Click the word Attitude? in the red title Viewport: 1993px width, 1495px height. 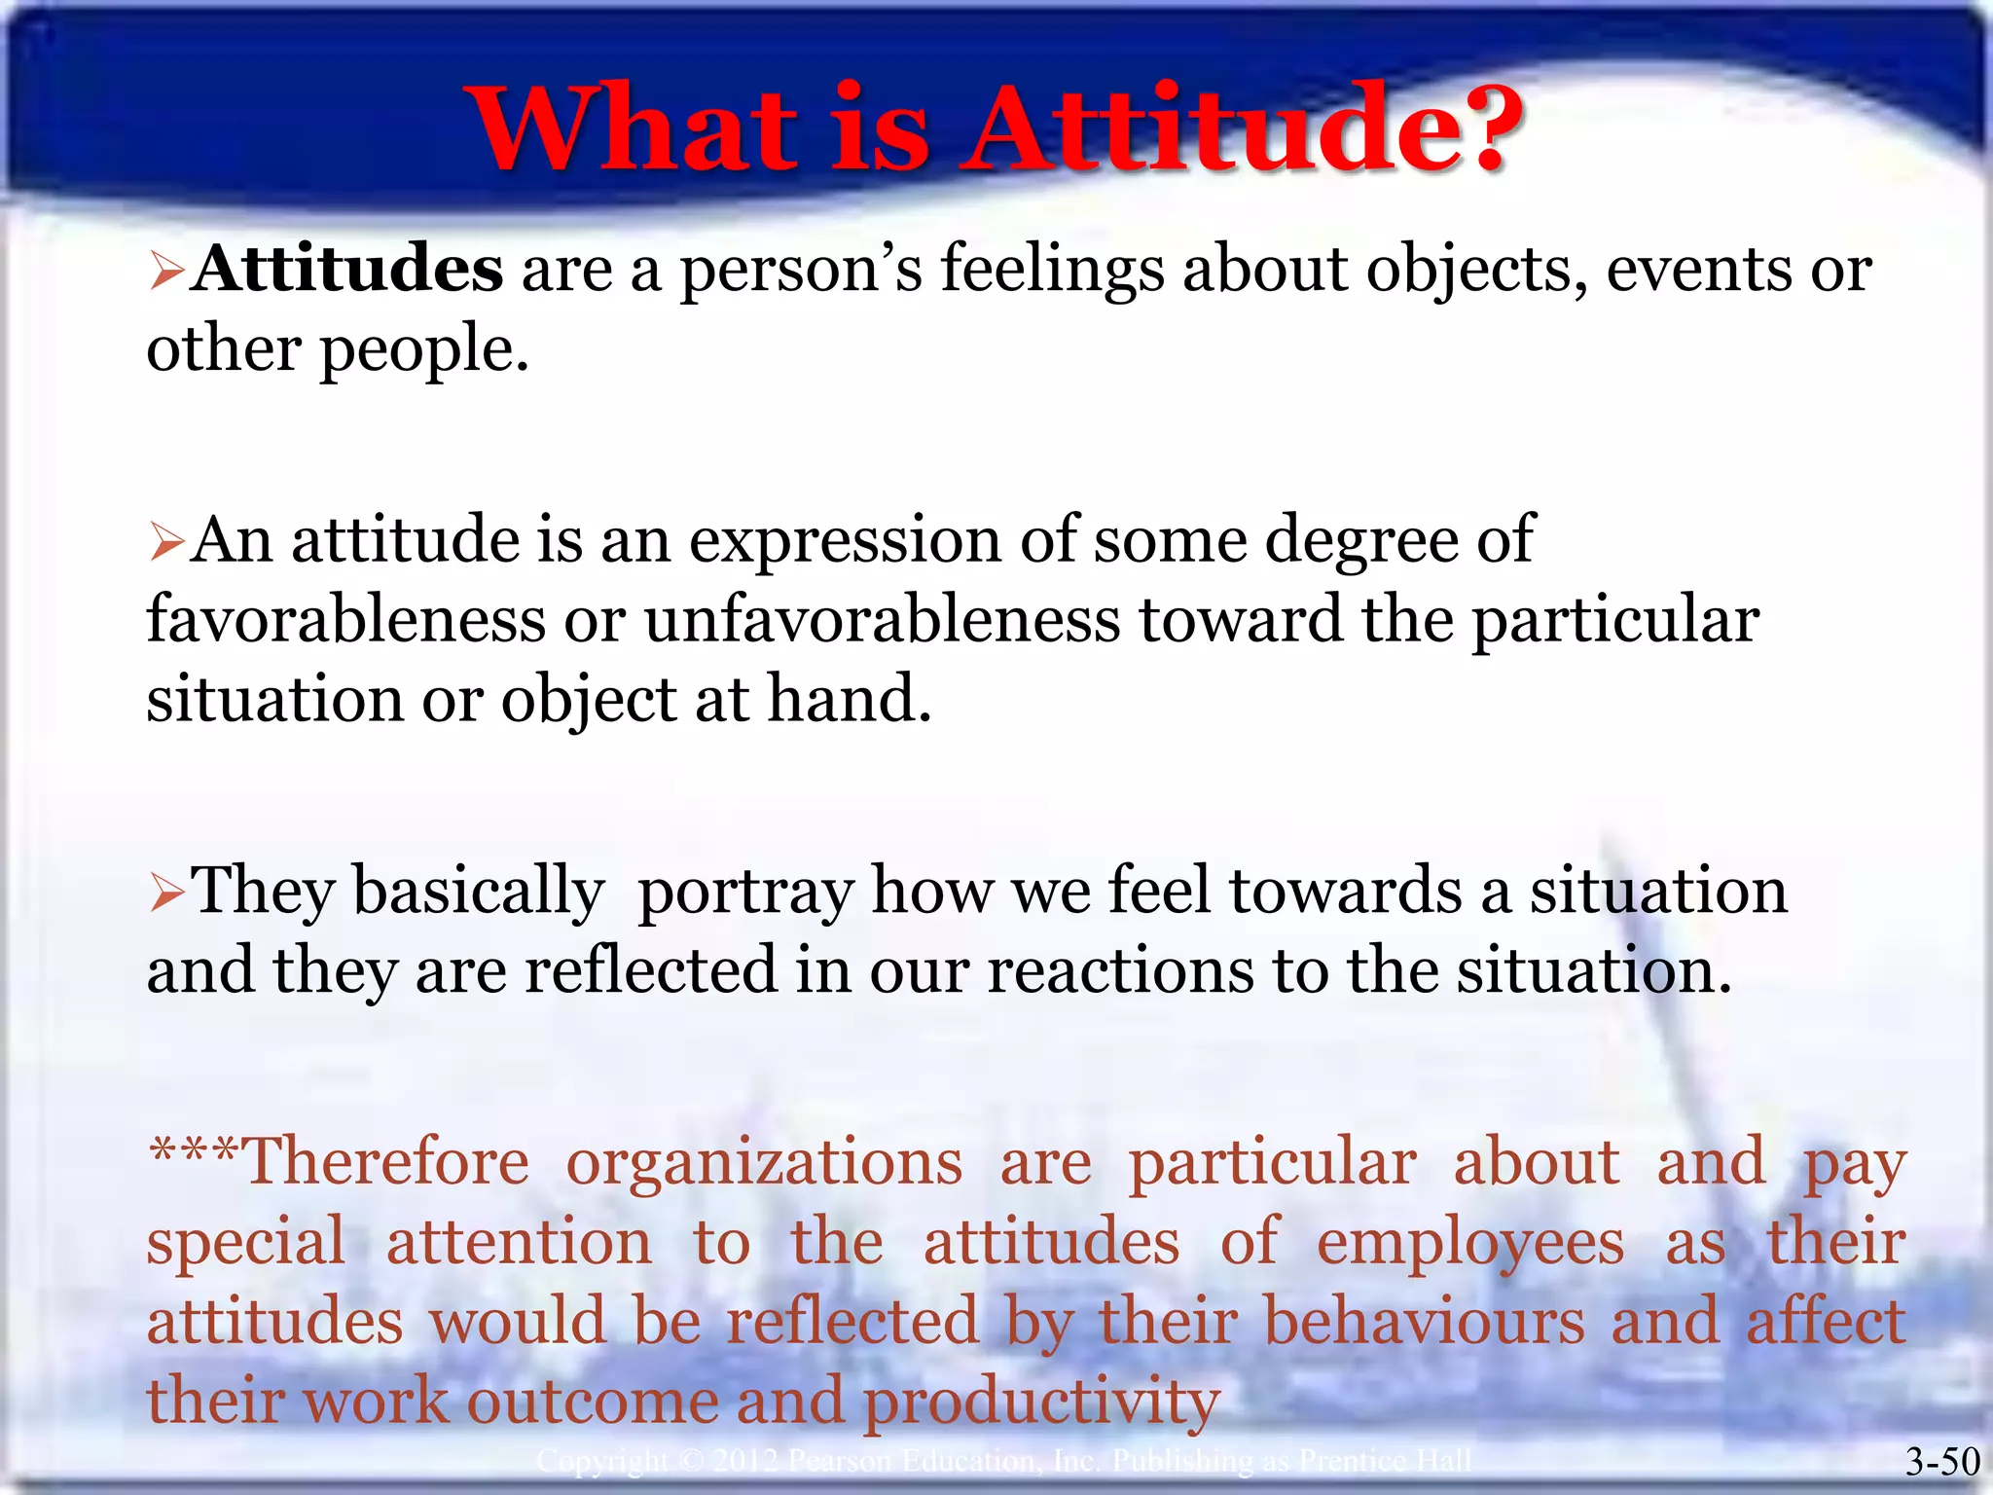point(1241,129)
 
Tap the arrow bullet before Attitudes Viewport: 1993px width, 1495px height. point(166,273)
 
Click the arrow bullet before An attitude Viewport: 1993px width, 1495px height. point(166,543)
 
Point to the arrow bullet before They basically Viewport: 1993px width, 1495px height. point(166,893)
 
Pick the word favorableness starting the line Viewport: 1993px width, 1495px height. point(345,620)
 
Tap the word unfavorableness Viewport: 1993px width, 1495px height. point(882,620)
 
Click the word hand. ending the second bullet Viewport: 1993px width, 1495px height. point(849,699)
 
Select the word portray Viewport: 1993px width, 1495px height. point(744,893)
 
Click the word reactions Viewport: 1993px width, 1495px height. point(1120,971)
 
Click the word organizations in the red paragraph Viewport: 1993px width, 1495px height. point(764,1163)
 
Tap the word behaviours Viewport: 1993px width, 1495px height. point(1424,1323)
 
